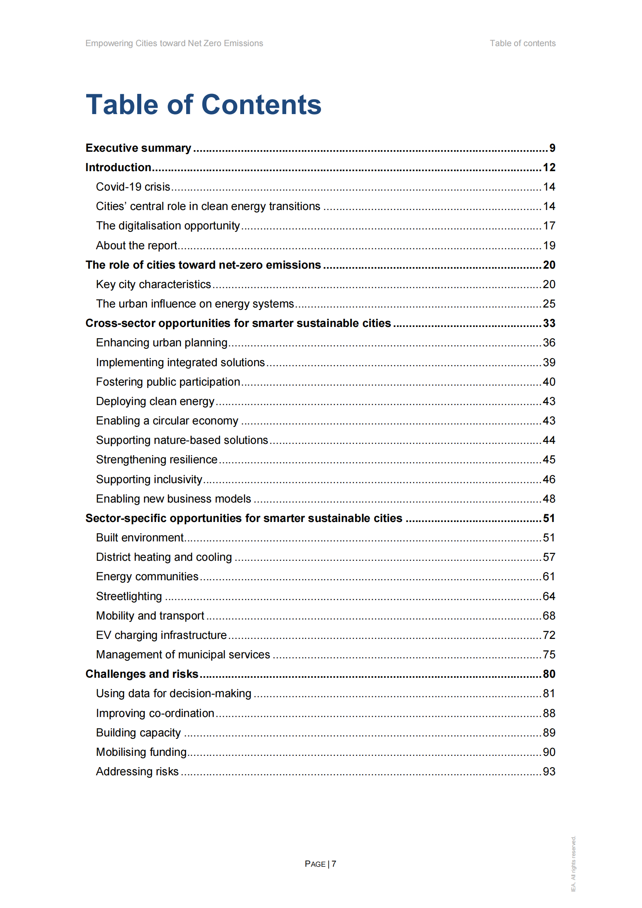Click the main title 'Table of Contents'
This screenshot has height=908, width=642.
[x=203, y=104]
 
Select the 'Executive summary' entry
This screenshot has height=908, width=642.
[x=138, y=148]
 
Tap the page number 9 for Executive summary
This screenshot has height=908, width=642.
[x=552, y=148]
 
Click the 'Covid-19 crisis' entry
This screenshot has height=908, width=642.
[x=133, y=187]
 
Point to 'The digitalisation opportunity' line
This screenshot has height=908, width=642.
[x=168, y=226]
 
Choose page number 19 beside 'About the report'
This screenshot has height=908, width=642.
[x=548, y=246]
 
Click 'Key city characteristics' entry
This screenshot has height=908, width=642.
[x=153, y=284]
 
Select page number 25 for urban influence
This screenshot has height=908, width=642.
[x=548, y=304]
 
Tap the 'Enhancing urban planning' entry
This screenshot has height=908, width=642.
[x=162, y=343]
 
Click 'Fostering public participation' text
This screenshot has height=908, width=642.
[x=168, y=382]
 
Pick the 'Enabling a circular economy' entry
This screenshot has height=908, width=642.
[x=167, y=421]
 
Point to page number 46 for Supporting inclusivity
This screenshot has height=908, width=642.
[x=548, y=479]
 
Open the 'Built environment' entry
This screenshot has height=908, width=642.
[x=140, y=538]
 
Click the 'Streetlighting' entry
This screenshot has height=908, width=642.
[x=129, y=596]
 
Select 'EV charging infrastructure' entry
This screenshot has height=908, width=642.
[x=161, y=635]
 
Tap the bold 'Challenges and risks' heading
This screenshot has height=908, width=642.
[x=142, y=674]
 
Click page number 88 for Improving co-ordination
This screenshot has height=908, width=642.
[x=548, y=713]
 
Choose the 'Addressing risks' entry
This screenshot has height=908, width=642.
[x=137, y=772]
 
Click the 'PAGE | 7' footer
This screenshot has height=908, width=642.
[x=320, y=864]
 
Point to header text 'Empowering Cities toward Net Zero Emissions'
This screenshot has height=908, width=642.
[x=174, y=43]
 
